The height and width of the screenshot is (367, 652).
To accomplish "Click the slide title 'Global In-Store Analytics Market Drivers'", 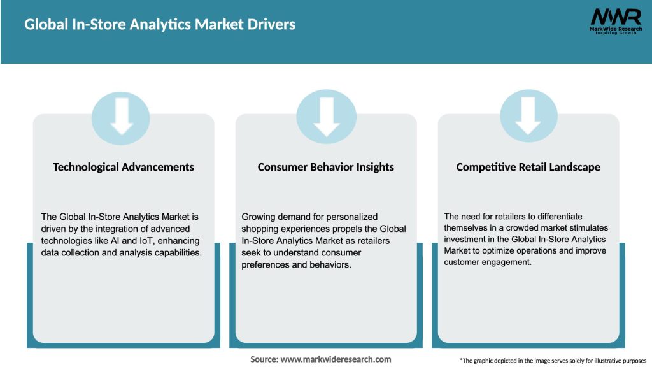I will tap(160, 25).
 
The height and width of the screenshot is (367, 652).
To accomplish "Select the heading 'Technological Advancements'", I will tap(124, 167).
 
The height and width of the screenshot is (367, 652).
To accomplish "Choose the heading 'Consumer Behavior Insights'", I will tap(325, 167).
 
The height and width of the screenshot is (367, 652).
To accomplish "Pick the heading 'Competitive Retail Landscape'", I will tap(528, 167).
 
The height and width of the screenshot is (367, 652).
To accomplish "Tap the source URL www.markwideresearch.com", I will tap(336, 359).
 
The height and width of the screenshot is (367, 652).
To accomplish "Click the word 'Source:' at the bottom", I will tap(264, 359).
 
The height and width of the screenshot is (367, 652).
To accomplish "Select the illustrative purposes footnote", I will tap(553, 361).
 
